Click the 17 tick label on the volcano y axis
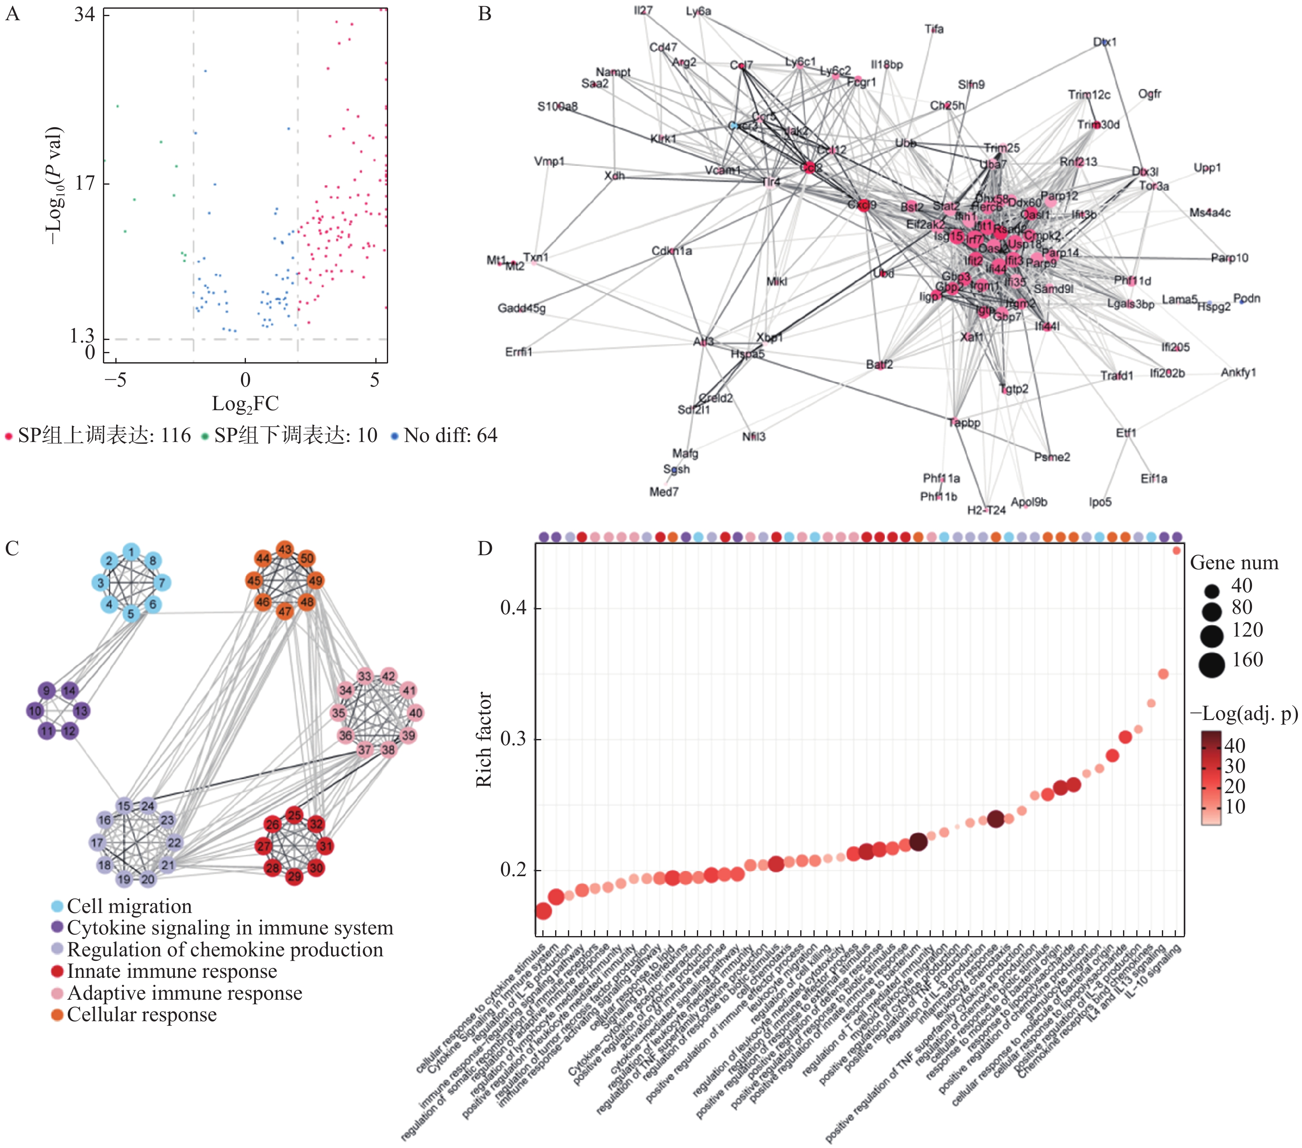coord(85,183)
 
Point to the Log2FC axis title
coord(245,403)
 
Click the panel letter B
coord(485,14)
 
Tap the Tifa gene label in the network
coord(934,29)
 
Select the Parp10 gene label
coord(1229,258)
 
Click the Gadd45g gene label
coord(522,308)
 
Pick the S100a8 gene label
coord(557,106)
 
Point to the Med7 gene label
coord(664,492)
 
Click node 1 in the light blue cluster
coord(131,552)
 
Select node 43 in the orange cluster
coord(285,549)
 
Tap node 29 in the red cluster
coord(294,877)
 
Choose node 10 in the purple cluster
coord(35,711)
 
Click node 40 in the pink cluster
coord(415,713)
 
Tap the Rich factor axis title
coord(484,739)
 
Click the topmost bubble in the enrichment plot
coord(1176,551)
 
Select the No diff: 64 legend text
coord(451,435)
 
